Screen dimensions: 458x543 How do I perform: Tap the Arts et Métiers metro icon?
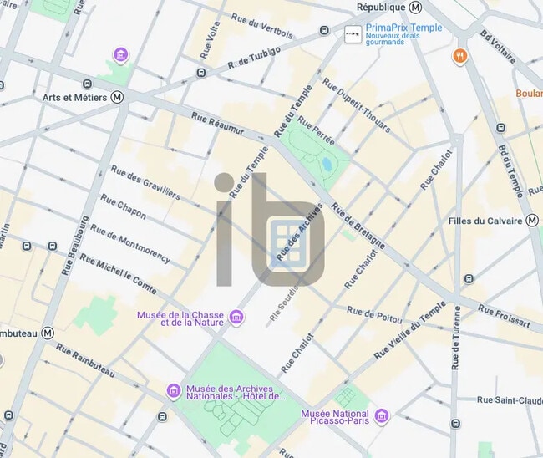[117, 97]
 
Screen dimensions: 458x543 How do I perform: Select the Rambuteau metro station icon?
[48, 332]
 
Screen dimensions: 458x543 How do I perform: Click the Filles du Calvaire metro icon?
[531, 221]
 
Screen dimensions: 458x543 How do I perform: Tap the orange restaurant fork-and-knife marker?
[459, 56]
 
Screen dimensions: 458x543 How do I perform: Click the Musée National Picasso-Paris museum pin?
[382, 415]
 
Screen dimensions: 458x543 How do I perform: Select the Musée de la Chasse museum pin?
[236, 317]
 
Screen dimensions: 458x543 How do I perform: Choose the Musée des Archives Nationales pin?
[174, 390]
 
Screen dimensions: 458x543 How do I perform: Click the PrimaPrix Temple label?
[403, 28]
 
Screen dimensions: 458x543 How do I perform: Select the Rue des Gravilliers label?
[145, 181]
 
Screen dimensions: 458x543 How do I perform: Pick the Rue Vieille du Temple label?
[410, 330]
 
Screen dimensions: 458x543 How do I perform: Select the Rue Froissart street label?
[504, 315]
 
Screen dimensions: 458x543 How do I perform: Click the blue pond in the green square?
[326, 162]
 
